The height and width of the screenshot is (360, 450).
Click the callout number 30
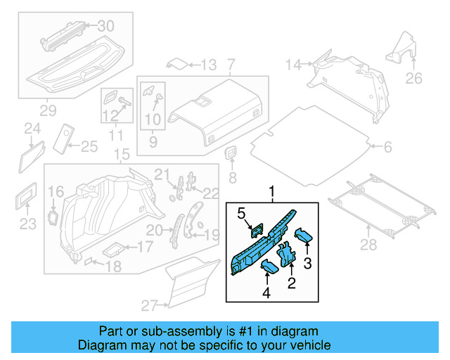[x=105, y=26]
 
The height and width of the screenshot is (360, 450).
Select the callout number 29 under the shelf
[x=48, y=110]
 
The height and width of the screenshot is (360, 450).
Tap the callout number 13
[x=209, y=65]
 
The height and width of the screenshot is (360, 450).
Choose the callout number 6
[x=387, y=147]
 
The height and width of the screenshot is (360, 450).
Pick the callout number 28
[x=368, y=244]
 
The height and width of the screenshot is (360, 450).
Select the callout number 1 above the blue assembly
[x=271, y=191]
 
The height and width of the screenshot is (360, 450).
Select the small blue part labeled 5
[x=257, y=229]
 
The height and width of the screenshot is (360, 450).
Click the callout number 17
[x=144, y=247]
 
